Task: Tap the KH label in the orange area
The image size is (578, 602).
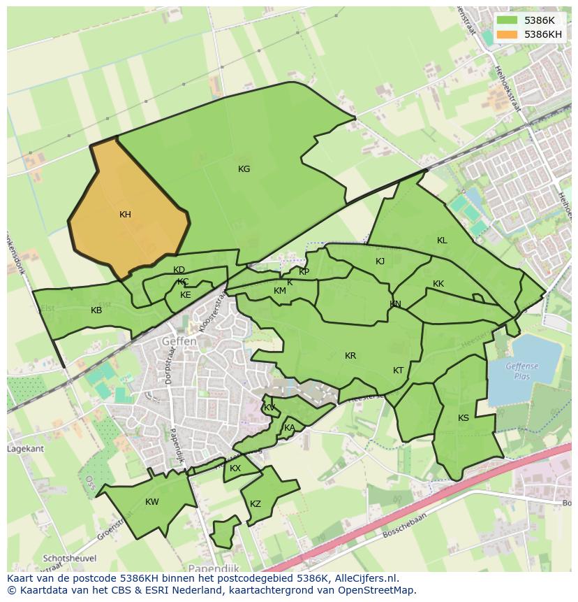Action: coord(125,215)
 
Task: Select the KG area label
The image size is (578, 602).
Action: coord(244,169)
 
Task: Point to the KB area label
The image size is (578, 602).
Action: coord(96,310)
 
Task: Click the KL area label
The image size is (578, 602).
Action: coord(442,241)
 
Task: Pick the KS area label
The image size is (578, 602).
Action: coord(464,418)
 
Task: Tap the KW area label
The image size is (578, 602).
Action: coord(151,502)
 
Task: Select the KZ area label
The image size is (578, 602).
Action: coord(255,504)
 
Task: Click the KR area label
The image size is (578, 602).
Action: coord(350,356)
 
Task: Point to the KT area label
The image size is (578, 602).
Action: coord(398,371)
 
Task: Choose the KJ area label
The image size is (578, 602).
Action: coord(380,261)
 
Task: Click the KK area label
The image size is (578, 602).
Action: coord(438,284)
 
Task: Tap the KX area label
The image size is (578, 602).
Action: coord(235,468)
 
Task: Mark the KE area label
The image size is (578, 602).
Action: coord(186,295)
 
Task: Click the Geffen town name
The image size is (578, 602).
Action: coord(179,341)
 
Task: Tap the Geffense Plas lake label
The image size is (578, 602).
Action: coord(523,371)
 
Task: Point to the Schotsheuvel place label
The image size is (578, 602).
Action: coord(68,558)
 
